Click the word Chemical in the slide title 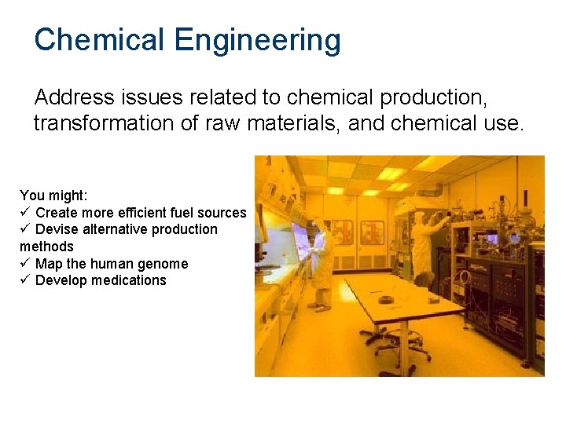click(x=100, y=39)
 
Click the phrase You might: click(x=54, y=196)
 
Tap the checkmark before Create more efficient click(x=25, y=213)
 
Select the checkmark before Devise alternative click(x=25, y=229)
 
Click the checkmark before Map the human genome click(x=25, y=264)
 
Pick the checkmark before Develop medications click(x=25, y=280)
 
